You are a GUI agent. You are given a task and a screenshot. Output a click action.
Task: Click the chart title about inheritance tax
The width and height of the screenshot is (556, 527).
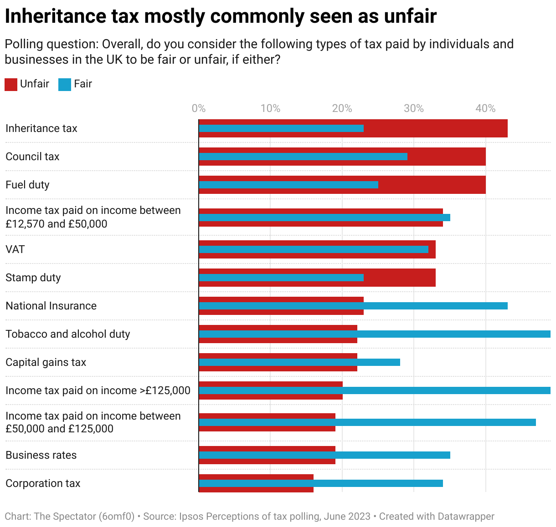[221, 16]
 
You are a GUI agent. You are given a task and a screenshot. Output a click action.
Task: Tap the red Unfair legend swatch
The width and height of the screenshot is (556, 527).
[11, 84]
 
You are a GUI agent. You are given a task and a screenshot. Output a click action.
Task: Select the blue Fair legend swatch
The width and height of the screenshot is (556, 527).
[65, 84]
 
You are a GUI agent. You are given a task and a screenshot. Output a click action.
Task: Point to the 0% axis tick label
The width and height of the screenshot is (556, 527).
[199, 108]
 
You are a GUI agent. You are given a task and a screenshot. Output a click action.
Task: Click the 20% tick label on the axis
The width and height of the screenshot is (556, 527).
[342, 108]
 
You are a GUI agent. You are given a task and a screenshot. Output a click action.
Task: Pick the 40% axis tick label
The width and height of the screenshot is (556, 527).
[485, 108]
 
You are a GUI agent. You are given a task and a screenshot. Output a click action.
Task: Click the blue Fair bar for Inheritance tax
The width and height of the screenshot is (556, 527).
[281, 128]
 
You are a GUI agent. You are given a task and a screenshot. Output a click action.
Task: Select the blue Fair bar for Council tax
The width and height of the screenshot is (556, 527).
[303, 157]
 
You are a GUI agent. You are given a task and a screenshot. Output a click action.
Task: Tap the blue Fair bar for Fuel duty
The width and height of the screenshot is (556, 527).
[288, 185]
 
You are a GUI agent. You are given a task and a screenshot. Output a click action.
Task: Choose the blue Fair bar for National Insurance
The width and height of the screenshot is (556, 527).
[353, 306]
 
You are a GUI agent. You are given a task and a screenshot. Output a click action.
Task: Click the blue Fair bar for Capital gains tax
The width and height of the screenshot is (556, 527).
[299, 362]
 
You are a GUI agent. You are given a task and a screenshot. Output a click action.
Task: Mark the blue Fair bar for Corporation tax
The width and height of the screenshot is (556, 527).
[321, 483]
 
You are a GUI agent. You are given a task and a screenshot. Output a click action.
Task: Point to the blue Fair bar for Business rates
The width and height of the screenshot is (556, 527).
[324, 455]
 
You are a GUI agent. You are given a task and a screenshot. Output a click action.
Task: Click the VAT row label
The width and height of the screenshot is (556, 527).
[15, 249]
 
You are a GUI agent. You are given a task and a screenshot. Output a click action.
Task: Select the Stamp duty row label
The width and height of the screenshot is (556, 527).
[33, 278]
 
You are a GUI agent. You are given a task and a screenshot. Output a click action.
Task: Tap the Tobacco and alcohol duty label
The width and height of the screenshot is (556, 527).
[68, 334]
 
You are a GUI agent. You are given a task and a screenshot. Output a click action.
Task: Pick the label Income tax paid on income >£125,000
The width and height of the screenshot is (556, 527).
[98, 390]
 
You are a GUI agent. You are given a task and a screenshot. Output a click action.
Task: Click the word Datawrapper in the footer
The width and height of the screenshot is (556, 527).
[466, 517]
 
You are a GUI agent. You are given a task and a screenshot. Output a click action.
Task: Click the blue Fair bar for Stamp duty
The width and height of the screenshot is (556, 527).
[281, 278]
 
